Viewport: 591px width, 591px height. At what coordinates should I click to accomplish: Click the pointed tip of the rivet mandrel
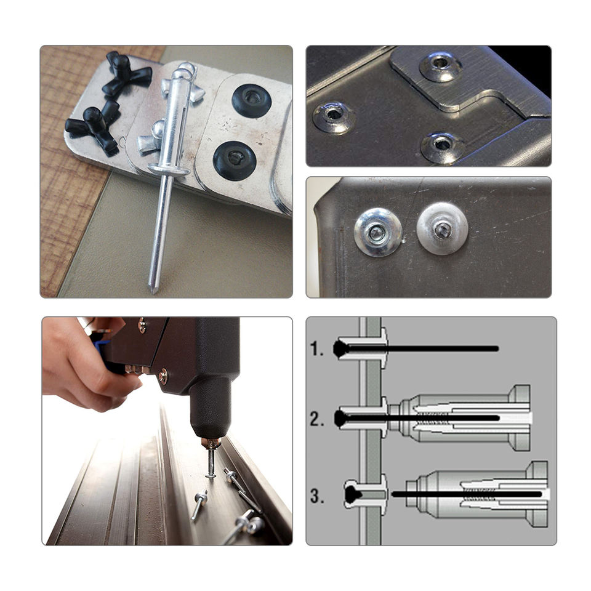coord(153,292)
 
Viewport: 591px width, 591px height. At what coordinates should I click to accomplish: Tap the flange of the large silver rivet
coord(169,171)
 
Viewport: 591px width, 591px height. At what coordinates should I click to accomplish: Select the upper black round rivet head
coord(251,100)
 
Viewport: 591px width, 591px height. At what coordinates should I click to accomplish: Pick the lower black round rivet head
coord(235,161)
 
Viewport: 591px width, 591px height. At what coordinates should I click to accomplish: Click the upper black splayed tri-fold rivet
coord(126,73)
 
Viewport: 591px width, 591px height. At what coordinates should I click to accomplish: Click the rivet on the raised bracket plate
coord(440,66)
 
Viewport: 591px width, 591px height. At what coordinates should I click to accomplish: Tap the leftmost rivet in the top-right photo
coord(333,117)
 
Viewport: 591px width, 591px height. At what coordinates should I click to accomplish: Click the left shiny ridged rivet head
coord(378,233)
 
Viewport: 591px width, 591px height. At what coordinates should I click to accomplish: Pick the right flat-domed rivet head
coord(442,228)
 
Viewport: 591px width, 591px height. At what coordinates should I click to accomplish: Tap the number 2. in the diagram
coord(317,419)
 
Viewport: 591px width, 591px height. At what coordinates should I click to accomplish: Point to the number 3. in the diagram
coord(317,496)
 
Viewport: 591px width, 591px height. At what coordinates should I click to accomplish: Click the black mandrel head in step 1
coord(340,349)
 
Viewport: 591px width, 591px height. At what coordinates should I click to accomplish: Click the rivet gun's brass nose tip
coord(211,443)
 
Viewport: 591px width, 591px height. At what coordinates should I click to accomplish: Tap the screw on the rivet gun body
coord(164,376)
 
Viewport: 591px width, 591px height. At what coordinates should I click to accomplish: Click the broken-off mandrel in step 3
coord(467,494)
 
